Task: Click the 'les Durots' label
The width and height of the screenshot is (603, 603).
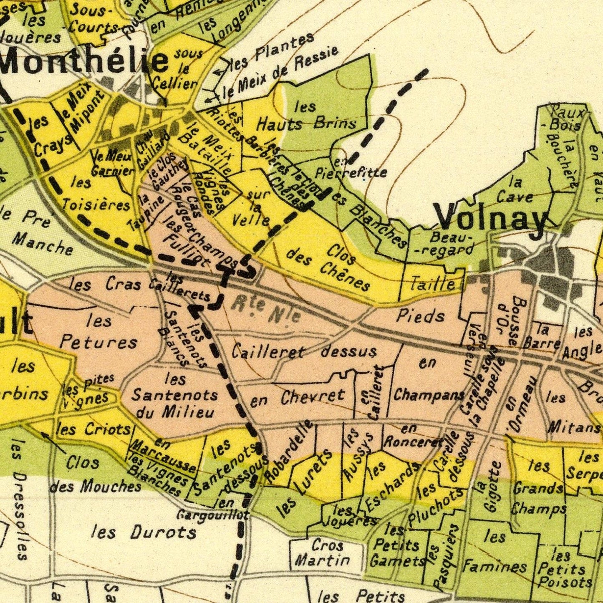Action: click(144, 532)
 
